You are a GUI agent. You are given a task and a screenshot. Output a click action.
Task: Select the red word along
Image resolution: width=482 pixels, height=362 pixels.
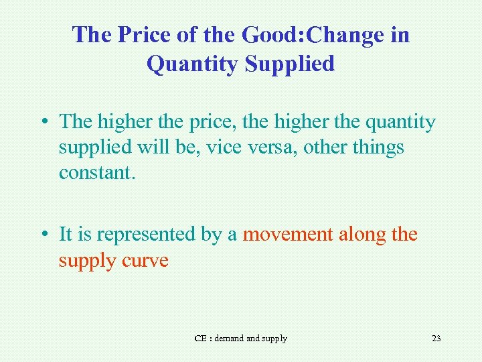point(361,235)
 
